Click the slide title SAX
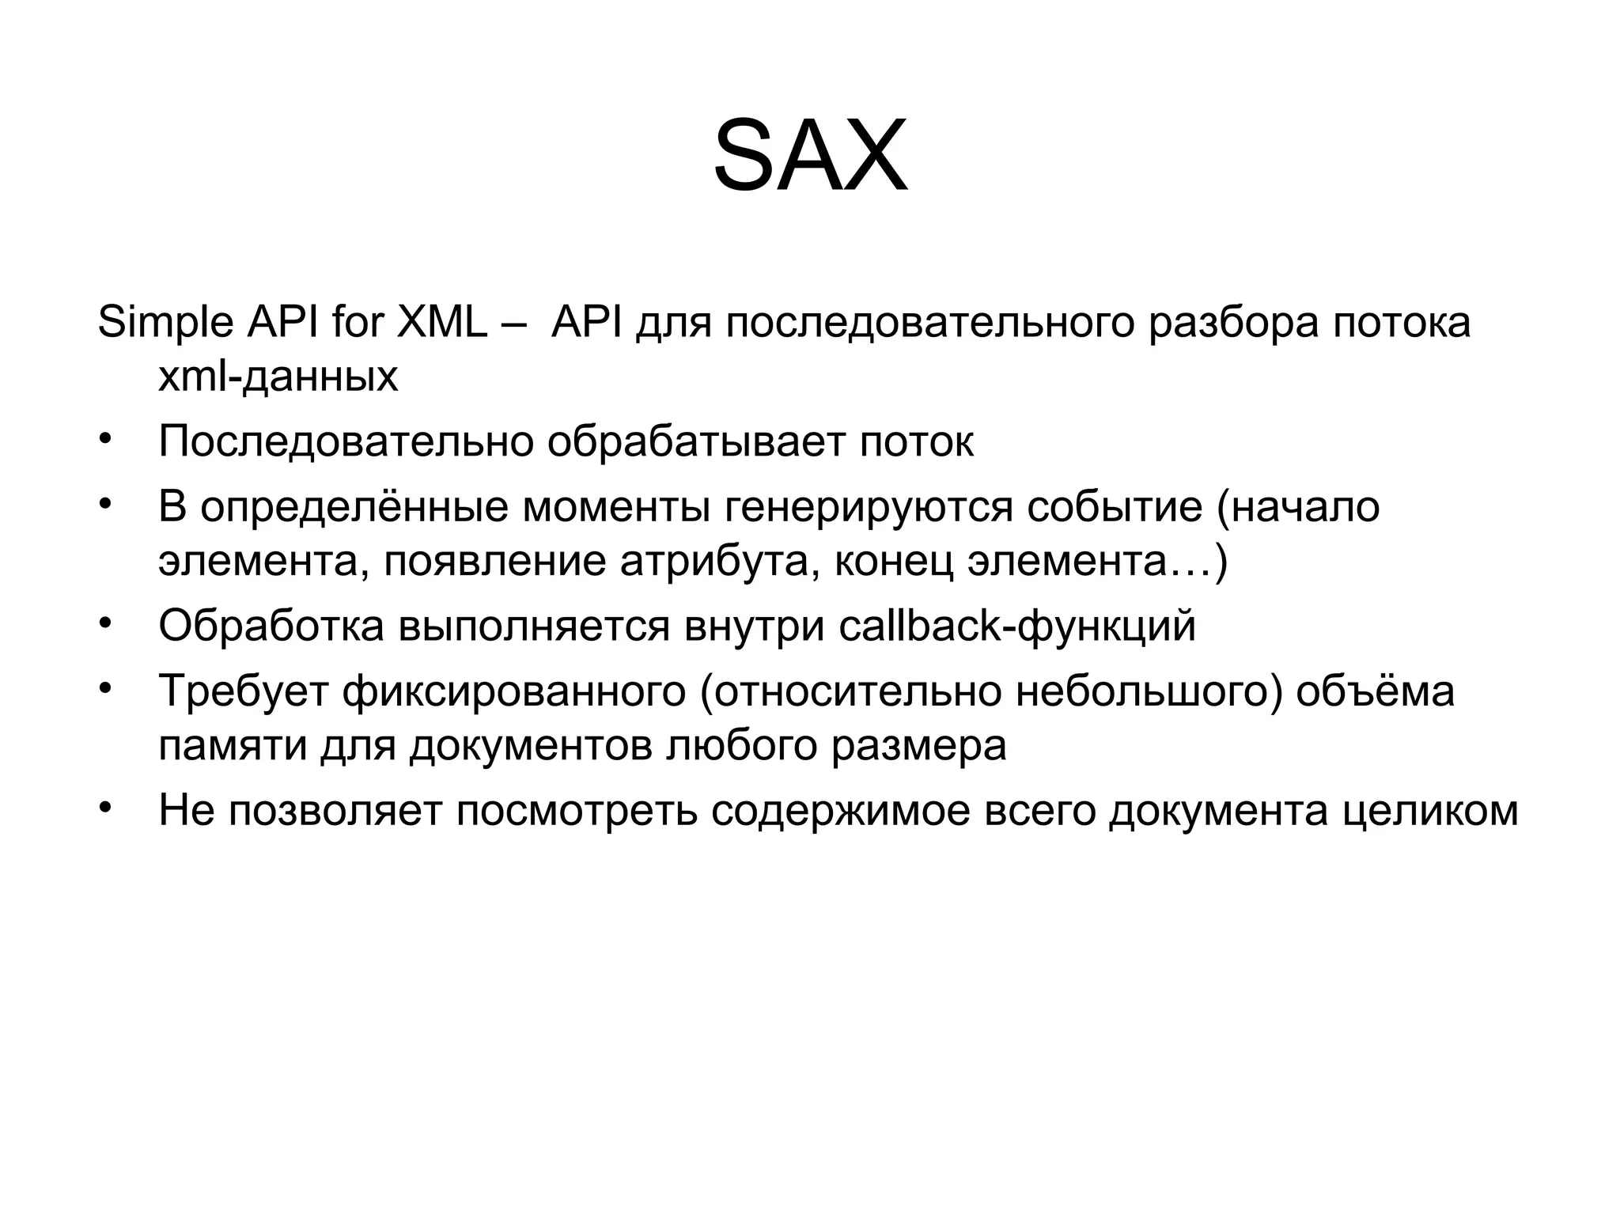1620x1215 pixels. pyautogui.click(x=810, y=156)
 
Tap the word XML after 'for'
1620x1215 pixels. pyautogui.click(x=441, y=324)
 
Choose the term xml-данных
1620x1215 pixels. pyautogui.click(x=278, y=377)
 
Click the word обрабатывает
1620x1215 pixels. pyautogui.click(x=696, y=441)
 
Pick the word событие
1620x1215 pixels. pyautogui.click(x=1115, y=507)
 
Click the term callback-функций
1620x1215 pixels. pyautogui.click(x=1016, y=626)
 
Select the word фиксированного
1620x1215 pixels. pyautogui.click(x=514, y=691)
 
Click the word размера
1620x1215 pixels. pyautogui.click(x=918, y=745)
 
